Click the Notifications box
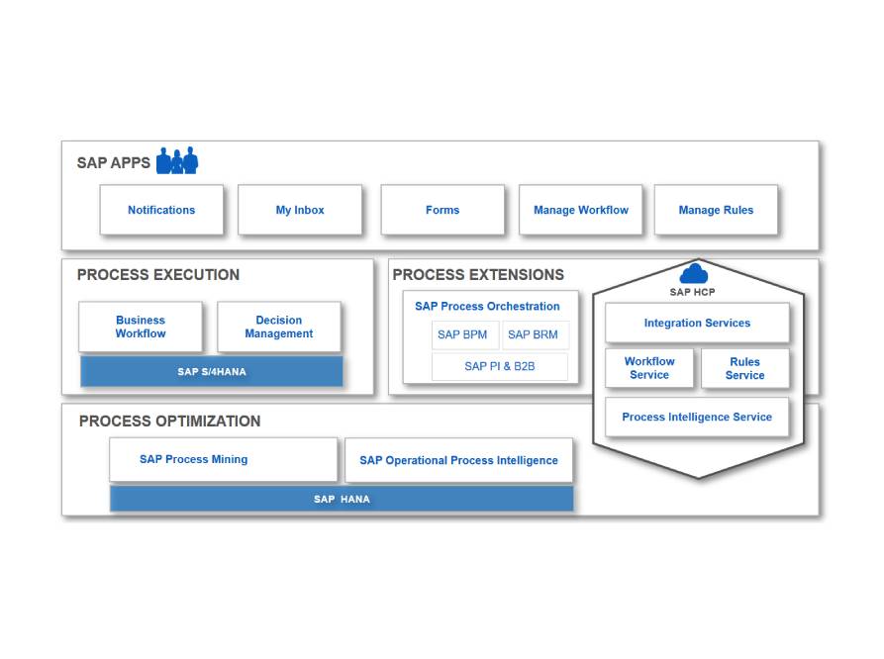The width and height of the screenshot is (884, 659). (161, 210)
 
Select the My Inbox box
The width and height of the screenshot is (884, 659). (300, 210)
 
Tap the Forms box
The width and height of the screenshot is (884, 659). (442, 210)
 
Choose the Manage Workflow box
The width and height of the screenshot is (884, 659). (581, 210)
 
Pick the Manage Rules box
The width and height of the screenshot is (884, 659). (716, 210)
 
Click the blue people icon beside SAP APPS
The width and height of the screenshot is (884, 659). (177, 160)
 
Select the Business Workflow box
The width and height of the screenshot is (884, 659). (141, 327)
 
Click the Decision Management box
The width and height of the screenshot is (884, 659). (279, 327)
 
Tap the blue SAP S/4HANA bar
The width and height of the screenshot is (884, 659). (212, 371)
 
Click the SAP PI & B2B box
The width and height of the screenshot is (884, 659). (500, 366)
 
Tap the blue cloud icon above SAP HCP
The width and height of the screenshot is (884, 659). (694, 273)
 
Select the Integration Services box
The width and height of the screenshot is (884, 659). (697, 323)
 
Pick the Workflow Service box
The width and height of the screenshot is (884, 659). (649, 368)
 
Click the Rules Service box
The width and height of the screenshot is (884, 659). (745, 368)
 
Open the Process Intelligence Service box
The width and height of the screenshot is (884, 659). (697, 418)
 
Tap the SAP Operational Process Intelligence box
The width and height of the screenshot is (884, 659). (459, 460)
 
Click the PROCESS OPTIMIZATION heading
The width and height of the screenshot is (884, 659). (169, 422)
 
